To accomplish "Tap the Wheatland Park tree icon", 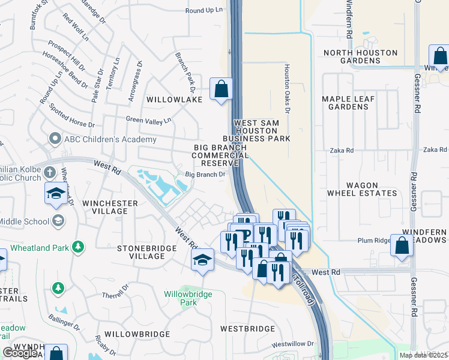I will [x=77, y=247].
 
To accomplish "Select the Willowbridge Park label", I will [x=180, y=298].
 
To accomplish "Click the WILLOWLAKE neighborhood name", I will [x=175, y=100].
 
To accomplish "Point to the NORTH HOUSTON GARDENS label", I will [x=360, y=56].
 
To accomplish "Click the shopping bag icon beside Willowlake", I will [x=221, y=89].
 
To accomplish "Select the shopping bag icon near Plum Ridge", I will [x=402, y=245].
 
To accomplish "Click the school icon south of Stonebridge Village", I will [x=203, y=260].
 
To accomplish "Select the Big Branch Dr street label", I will [x=205, y=175].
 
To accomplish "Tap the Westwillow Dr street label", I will [x=292, y=344].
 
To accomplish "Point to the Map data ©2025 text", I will [x=424, y=355].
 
